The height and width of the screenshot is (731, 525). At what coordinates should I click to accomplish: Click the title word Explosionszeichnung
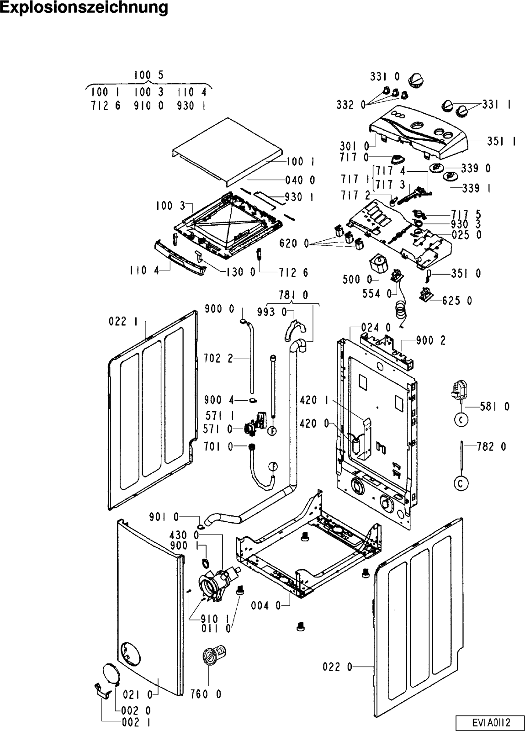[84, 9]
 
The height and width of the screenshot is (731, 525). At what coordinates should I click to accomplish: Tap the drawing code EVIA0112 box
[490, 723]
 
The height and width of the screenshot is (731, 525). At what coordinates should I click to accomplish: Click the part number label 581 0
[494, 406]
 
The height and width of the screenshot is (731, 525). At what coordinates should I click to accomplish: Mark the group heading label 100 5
[148, 75]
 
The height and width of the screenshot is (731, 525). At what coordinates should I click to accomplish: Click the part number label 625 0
[457, 301]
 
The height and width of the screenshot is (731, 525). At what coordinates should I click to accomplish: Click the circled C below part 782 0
[462, 483]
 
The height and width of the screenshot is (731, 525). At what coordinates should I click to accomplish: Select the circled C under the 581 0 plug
[462, 420]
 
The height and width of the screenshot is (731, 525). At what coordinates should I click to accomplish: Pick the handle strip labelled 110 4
[181, 260]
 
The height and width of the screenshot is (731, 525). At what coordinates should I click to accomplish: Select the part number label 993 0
[278, 312]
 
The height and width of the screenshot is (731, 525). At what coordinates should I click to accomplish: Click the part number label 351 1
[501, 142]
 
